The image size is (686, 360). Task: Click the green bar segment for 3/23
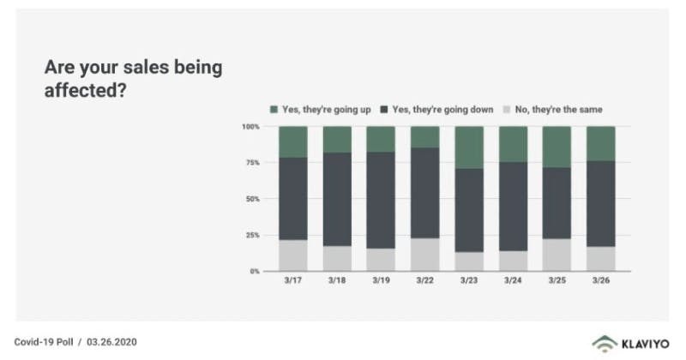469,147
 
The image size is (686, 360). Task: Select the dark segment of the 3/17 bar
293,199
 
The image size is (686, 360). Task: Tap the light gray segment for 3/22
424,255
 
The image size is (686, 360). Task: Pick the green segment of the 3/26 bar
601,144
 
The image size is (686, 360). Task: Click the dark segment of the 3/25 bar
557,203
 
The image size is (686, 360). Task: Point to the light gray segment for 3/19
381,260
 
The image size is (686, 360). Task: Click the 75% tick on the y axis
253,163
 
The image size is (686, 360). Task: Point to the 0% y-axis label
255,271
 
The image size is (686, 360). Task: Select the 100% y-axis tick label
250,126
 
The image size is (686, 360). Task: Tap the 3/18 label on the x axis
337,280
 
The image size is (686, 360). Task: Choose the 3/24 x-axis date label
513,280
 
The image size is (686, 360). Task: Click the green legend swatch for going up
274,110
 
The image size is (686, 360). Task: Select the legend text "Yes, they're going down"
442,110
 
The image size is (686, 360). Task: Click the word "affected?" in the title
85,90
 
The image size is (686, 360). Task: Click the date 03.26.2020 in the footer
111,342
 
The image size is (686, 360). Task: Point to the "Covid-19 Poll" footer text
44,342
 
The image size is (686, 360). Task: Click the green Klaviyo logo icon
605,344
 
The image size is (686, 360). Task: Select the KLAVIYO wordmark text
646,345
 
